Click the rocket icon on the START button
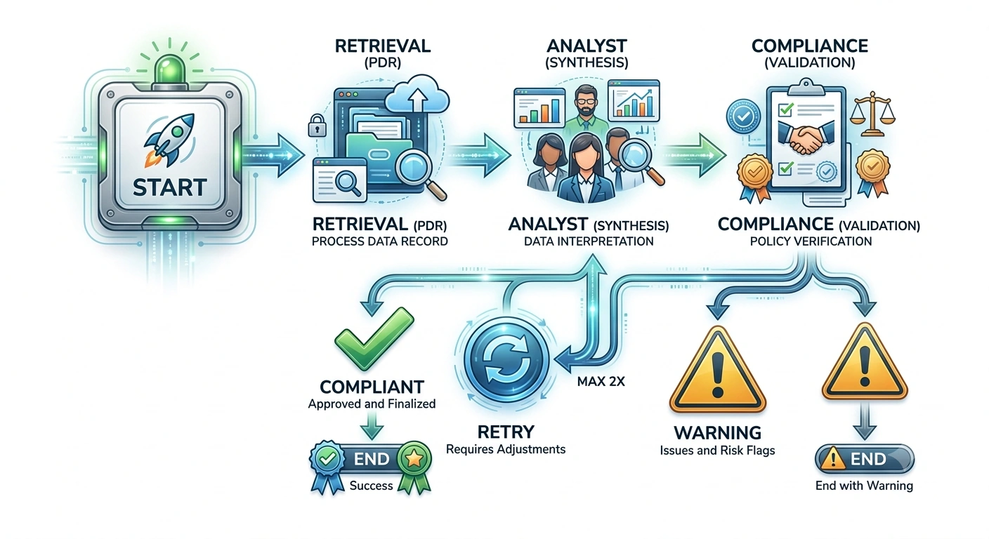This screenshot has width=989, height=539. (169, 140)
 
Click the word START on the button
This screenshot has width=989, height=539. (169, 187)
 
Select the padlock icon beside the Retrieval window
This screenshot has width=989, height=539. (317, 125)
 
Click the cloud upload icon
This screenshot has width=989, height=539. (417, 95)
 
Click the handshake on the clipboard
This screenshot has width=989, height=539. (806, 138)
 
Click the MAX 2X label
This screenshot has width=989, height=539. (601, 382)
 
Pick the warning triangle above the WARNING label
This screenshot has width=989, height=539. (717, 370)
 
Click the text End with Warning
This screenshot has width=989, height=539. (864, 486)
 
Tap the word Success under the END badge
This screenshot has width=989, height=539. (371, 486)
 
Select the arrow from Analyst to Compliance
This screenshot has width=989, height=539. (693, 155)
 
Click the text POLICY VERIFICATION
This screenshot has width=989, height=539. (811, 241)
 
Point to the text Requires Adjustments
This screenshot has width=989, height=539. (506, 449)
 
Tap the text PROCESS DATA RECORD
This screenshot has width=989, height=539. (380, 241)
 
